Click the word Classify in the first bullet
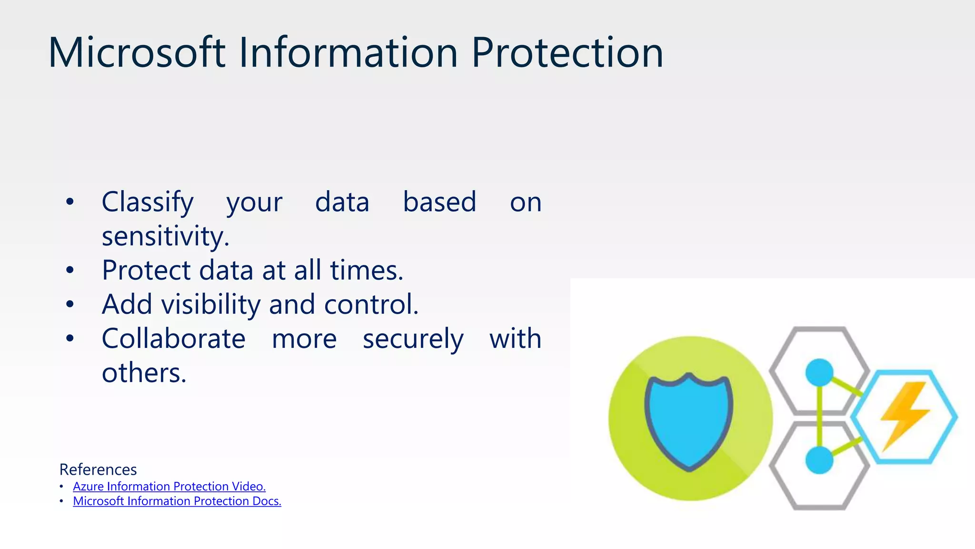(x=148, y=202)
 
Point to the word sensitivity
(x=165, y=236)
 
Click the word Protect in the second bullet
(x=146, y=270)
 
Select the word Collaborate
(x=173, y=339)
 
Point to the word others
(x=144, y=373)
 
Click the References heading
(x=98, y=469)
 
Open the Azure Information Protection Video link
(x=169, y=486)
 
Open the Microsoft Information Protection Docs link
(x=177, y=501)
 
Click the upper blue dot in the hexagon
(x=819, y=373)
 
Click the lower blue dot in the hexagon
(x=819, y=460)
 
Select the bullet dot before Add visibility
(x=70, y=304)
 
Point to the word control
(x=371, y=305)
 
